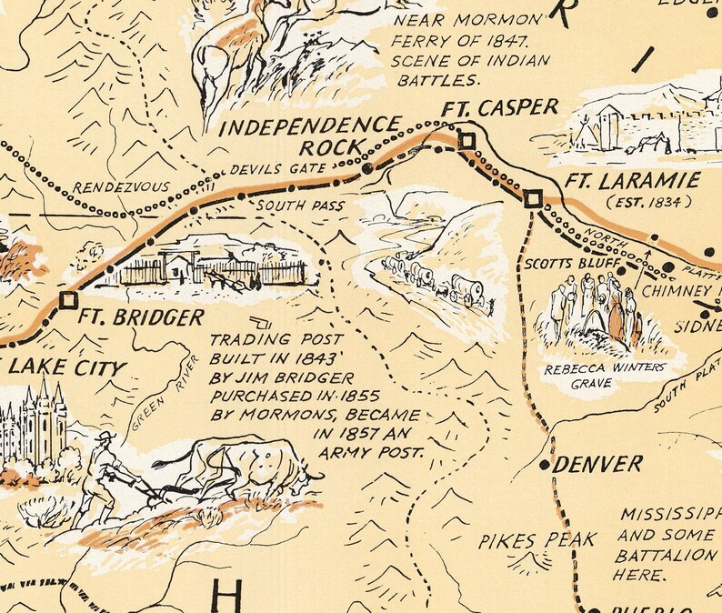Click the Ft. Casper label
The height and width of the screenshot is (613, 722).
click(499, 108)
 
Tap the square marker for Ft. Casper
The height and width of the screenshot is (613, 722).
click(467, 140)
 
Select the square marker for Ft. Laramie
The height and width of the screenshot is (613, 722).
click(533, 196)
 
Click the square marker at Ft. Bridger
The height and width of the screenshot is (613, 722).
click(66, 299)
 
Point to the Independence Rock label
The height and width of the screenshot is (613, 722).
click(309, 135)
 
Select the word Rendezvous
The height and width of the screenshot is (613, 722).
click(120, 186)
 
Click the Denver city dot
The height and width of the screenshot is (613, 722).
click(544, 466)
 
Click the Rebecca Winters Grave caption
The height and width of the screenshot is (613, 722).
click(604, 376)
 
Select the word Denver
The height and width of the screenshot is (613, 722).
click(597, 465)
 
